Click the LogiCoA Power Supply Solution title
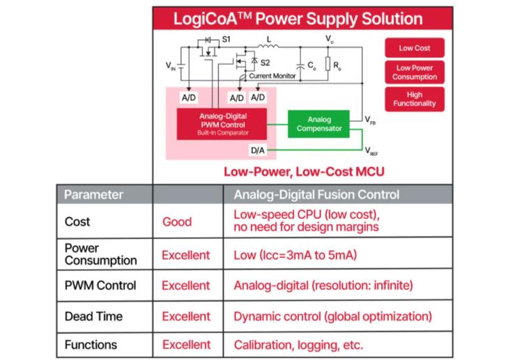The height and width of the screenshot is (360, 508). (x=302, y=19)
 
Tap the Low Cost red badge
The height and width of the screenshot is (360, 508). (x=414, y=48)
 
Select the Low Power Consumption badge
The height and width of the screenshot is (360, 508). (x=414, y=72)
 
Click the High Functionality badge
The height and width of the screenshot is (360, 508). (x=414, y=99)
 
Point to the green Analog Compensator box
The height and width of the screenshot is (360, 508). (x=319, y=123)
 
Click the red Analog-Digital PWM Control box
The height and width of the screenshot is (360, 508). (x=223, y=123)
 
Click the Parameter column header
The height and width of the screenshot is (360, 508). (x=93, y=194)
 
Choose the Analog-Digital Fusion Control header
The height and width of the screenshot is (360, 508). (x=316, y=194)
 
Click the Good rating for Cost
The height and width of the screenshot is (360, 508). (x=177, y=222)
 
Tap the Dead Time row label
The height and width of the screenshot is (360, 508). (x=93, y=316)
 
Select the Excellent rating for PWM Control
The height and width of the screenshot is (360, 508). (x=185, y=285)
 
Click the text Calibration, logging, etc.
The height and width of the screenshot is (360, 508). (x=298, y=345)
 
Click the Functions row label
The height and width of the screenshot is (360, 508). (x=91, y=345)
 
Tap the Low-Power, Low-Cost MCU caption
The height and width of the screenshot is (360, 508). (x=304, y=171)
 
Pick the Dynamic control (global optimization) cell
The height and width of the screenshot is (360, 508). (x=332, y=316)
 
